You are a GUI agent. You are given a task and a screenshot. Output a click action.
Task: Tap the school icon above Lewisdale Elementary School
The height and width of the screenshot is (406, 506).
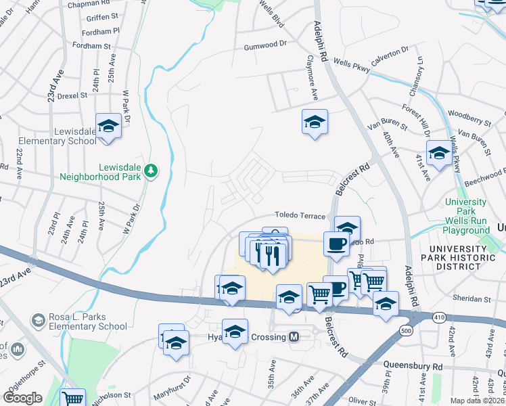coord(108,126)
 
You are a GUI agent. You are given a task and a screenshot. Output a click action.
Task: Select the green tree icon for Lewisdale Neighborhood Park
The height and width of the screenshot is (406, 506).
coord(153,171)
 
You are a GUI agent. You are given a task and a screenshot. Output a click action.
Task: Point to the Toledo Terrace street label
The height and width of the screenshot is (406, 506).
coord(300,216)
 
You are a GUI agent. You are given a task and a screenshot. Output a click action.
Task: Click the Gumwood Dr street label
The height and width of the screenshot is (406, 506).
coord(265,47)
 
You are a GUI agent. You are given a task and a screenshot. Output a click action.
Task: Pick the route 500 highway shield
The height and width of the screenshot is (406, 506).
coord(406,330)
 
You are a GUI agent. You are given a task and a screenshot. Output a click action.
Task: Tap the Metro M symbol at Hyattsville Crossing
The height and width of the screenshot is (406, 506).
coord(294,337)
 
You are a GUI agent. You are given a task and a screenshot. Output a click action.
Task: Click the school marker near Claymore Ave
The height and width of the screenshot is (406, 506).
coord(315,122)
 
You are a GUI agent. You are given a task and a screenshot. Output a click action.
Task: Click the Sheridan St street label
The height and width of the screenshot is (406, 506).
coord(473,298)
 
